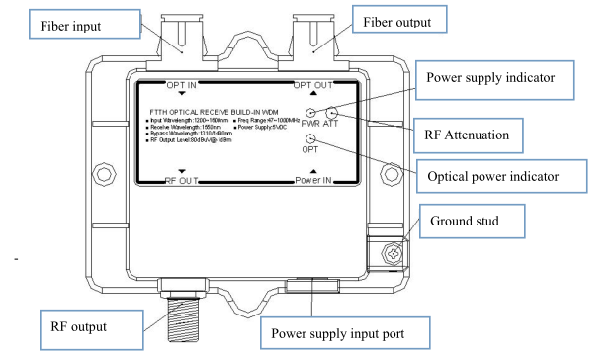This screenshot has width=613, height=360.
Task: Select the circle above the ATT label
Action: [332, 114]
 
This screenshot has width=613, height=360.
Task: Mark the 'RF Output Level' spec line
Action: [195, 141]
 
